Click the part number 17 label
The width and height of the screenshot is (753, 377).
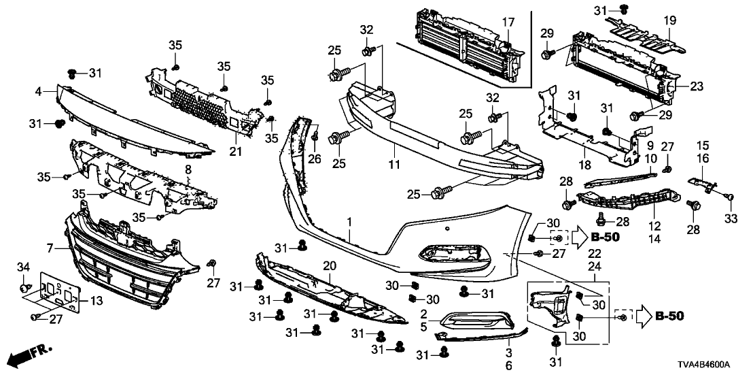click(508, 22)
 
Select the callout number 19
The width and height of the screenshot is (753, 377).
click(670, 22)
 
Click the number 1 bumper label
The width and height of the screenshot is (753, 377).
click(349, 223)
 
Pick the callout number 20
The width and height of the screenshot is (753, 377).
click(329, 266)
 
